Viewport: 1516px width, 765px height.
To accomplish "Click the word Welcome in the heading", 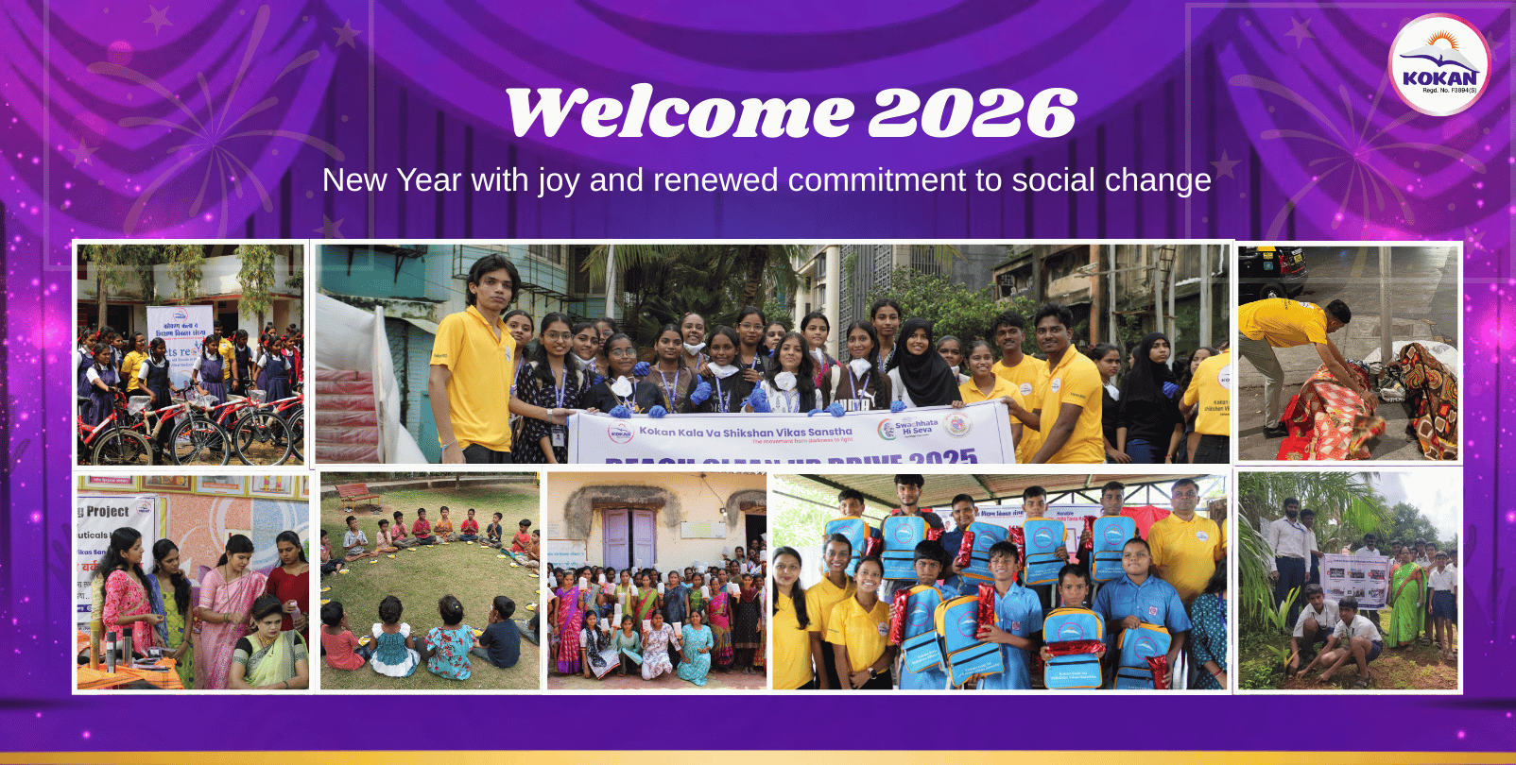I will pos(679,112).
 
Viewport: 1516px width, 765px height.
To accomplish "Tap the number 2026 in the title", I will pos(973,112).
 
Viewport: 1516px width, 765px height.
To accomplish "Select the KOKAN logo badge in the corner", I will pos(1438,65).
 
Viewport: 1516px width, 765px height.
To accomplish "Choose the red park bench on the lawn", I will pos(356,495).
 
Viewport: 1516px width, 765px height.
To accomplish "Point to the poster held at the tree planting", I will pos(1355,579).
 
